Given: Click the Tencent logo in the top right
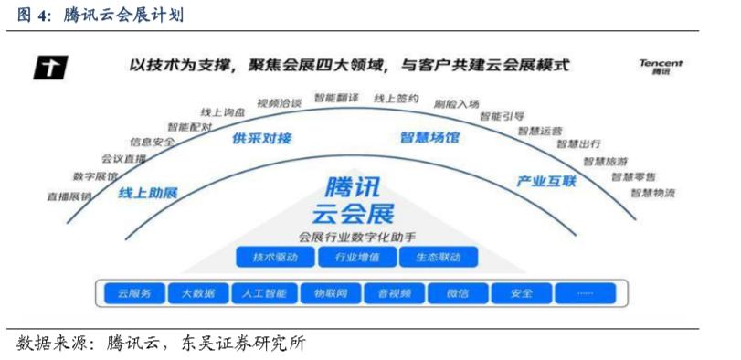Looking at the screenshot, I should pos(661,68).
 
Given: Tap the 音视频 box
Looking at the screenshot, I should pos(394,293).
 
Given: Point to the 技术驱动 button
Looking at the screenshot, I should pos(275,257).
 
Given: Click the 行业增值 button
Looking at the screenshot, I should pos(356,257).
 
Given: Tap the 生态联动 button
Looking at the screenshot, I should pos(438,257).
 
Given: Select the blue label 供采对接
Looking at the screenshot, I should pos(262,139).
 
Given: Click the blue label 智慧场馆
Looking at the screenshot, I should pos(429,138).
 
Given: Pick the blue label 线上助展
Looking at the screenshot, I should pos(148,194).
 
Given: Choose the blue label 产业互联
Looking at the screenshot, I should pos(546,181).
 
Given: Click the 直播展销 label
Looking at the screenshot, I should pos(70,196).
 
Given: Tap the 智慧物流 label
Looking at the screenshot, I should pos(652,193).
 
